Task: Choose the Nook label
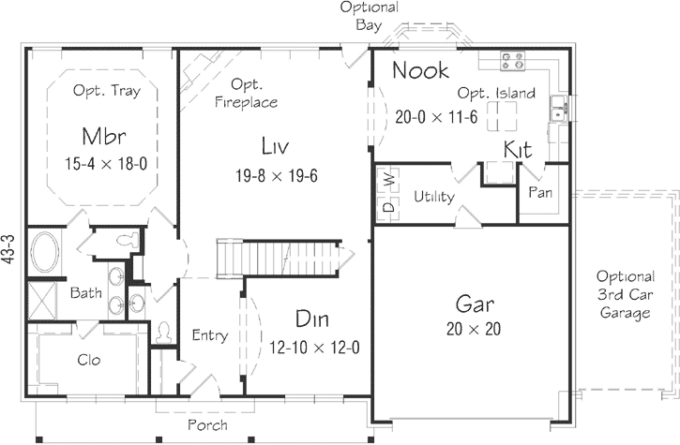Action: [x=419, y=70]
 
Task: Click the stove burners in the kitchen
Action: [x=513, y=61]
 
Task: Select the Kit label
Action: [x=519, y=150]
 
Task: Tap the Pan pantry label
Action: [x=539, y=192]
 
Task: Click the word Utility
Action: [x=434, y=198]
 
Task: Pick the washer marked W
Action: [x=386, y=176]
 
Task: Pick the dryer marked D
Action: [x=386, y=206]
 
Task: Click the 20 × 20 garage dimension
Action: [x=475, y=329]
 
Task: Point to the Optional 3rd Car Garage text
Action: [x=625, y=295]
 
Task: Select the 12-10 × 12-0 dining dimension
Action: [x=314, y=347]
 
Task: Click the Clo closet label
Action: [x=89, y=360]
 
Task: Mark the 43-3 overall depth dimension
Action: [x=9, y=252]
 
